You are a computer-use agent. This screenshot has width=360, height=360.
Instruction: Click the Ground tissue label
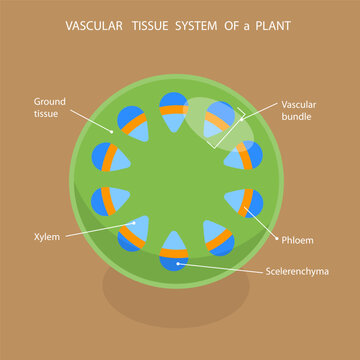(x=51, y=107)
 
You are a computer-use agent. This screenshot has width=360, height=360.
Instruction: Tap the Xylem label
(x=45, y=237)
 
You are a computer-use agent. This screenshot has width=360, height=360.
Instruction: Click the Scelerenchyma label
(x=300, y=271)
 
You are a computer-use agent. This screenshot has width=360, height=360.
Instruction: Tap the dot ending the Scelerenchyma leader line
(x=181, y=262)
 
